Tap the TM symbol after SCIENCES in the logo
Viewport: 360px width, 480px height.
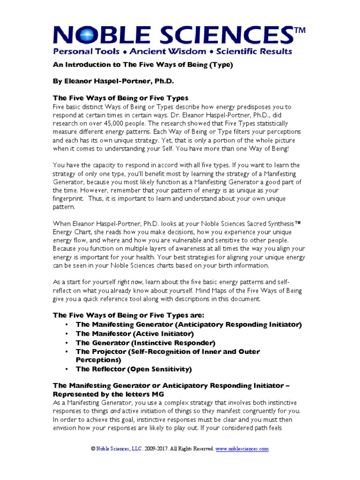coord(299,31)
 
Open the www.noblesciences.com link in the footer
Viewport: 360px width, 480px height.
coord(242,449)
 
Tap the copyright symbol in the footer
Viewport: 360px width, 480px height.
coord(93,449)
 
